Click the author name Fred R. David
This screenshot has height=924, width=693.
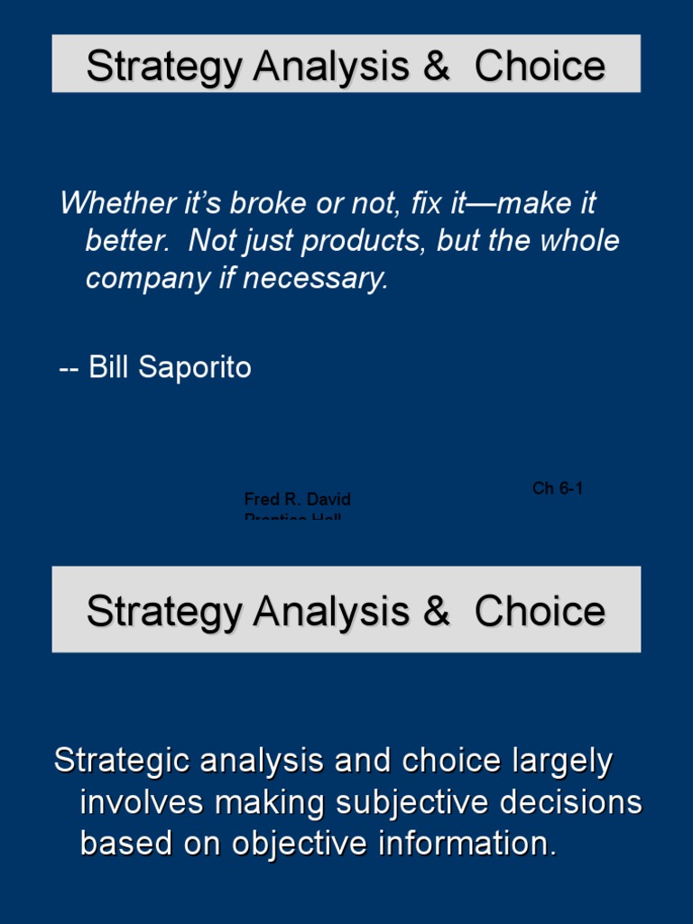pos(297,499)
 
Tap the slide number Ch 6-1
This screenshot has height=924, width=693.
pos(558,488)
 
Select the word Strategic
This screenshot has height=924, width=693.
pos(122,761)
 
